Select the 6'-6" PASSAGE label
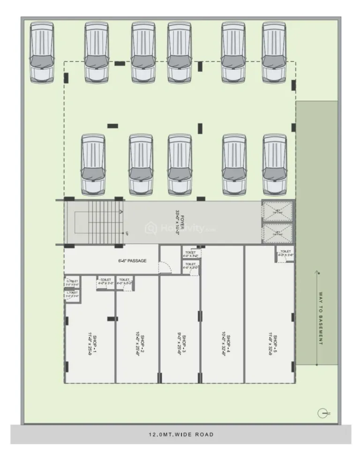[132, 261]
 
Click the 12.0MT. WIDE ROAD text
[180, 434]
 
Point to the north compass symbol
[322, 413]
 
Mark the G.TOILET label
[72, 282]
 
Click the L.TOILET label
[72, 295]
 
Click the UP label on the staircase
[126, 233]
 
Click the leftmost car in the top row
[42, 52]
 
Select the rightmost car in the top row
[275, 52]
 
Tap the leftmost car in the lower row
[93, 164]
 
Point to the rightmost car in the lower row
[275, 164]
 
